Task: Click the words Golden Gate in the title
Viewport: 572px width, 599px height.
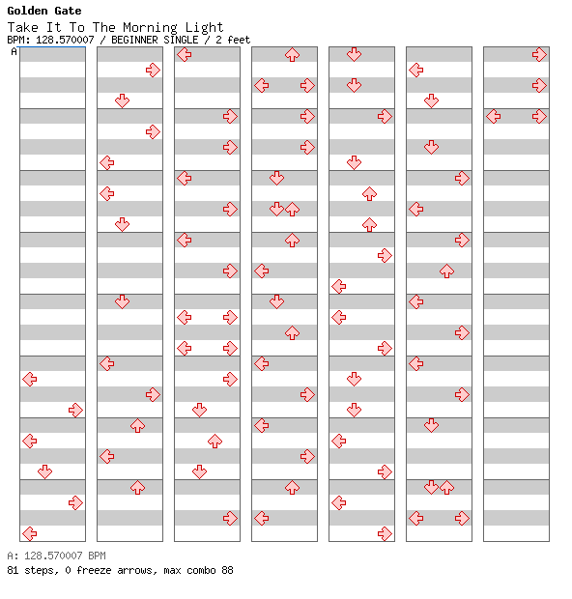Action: pyautogui.click(x=44, y=11)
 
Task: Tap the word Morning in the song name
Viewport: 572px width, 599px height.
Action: pyautogui.click(x=150, y=28)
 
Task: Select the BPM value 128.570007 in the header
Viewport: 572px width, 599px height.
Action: pyautogui.click(x=65, y=40)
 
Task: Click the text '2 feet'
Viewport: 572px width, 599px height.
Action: pyautogui.click(x=233, y=40)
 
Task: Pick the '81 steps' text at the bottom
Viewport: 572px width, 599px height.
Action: pyautogui.click(x=32, y=570)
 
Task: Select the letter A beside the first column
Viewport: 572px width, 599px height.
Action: pyautogui.click(x=14, y=51)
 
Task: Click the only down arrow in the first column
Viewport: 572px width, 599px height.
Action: pyautogui.click(x=45, y=471)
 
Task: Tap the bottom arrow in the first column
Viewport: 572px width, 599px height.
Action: pyautogui.click(x=29, y=533)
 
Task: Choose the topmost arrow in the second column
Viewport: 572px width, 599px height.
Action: pyautogui.click(x=153, y=70)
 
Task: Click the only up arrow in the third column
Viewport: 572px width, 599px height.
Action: pyautogui.click(x=214, y=441)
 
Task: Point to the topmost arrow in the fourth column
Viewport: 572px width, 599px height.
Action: pyautogui.click(x=293, y=55)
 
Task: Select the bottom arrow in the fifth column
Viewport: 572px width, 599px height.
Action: pyautogui.click(x=385, y=533)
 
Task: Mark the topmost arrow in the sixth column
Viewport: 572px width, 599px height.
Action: pyautogui.click(x=415, y=70)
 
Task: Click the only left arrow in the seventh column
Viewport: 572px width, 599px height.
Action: pyautogui.click(x=494, y=117)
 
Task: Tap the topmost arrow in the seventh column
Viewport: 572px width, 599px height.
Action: pyautogui.click(x=539, y=55)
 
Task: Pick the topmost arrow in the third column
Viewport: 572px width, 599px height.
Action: pyautogui.click(x=185, y=55)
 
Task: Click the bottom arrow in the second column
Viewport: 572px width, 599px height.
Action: pyautogui.click(x=137, y=488)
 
